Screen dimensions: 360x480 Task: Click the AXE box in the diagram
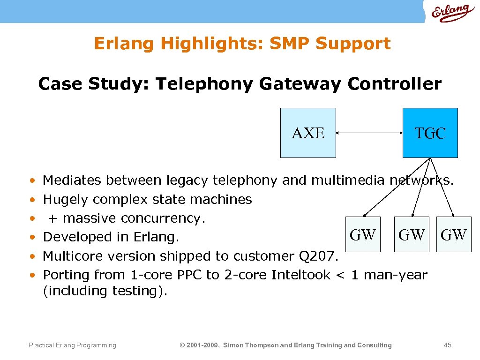click(308, 133)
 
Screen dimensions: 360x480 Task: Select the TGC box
click(430, 133)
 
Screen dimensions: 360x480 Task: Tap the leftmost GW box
click(362, 234)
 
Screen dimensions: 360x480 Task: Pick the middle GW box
click(411, 234)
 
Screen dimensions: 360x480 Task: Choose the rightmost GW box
click(454, 234)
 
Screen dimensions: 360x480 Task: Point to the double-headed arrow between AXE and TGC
click(369, 133)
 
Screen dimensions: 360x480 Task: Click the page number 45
click(447, 345)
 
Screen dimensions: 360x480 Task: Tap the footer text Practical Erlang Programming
click(72, 345)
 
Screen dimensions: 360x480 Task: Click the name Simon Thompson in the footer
click(250, 345)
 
